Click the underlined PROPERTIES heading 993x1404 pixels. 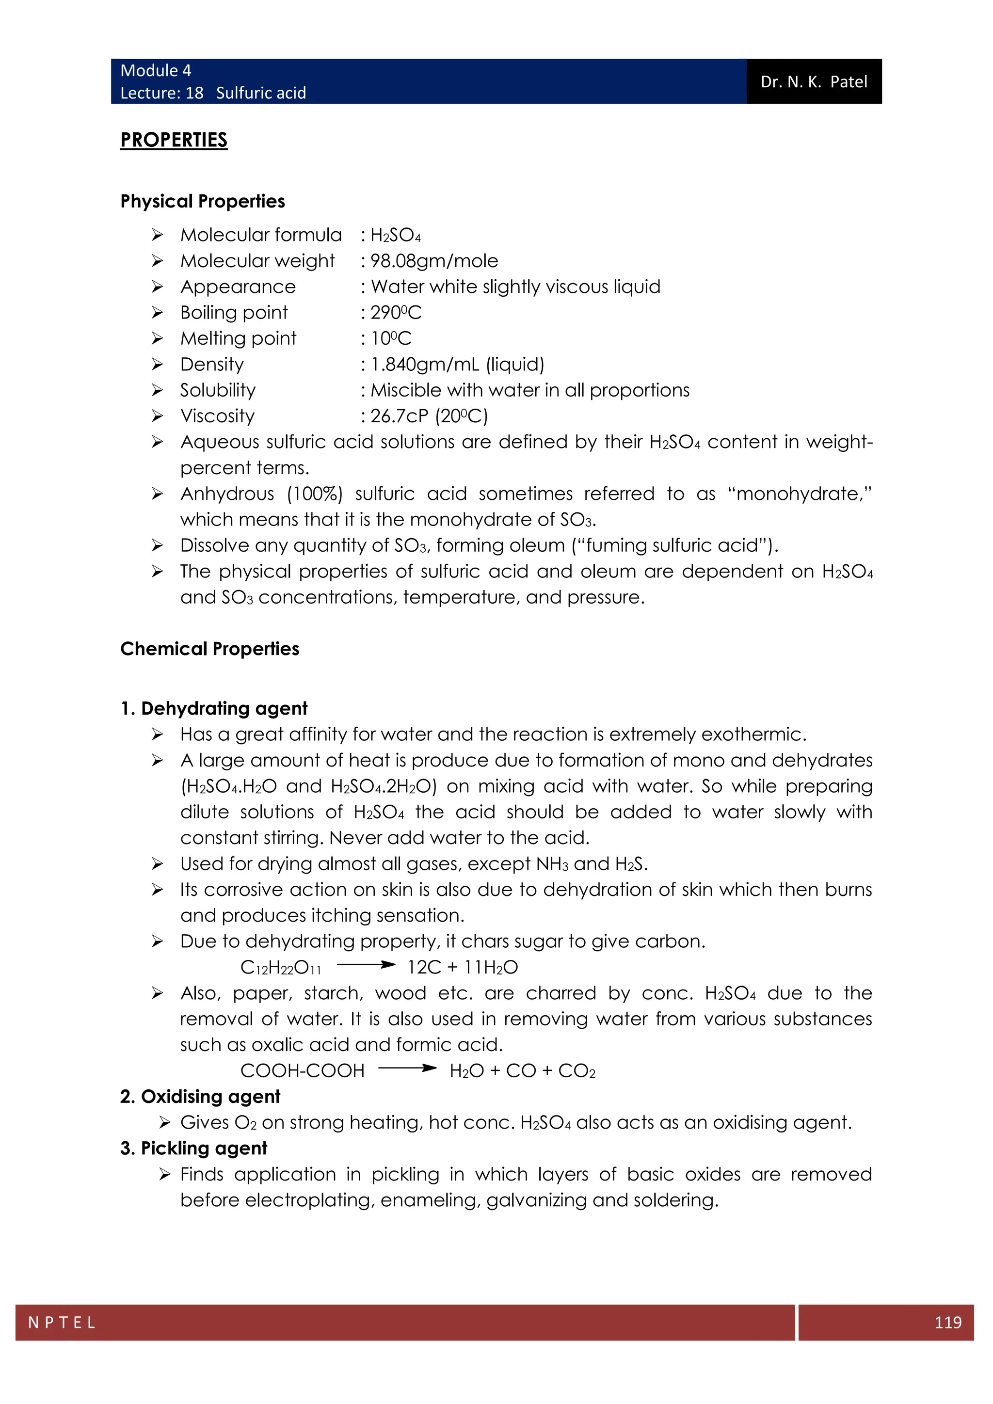(x=174, y=140)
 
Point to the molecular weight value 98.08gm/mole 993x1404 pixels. (x=434, y=261)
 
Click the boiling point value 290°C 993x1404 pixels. (x=396, y=313)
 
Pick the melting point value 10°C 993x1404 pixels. (x=391, y=338)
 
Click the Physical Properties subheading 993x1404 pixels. (x=202, y=201)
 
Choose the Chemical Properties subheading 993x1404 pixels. (x=210, y=649)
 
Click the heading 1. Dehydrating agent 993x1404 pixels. (x=213, y=708)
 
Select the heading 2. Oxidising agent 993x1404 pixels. (x=200, y=1097)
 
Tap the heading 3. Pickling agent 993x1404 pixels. (x=193, y=1149)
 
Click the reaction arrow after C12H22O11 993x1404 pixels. (x=366, y=965)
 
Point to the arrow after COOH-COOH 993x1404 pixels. (x=407, y=1069)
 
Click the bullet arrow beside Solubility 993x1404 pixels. (x=157, y=390)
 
